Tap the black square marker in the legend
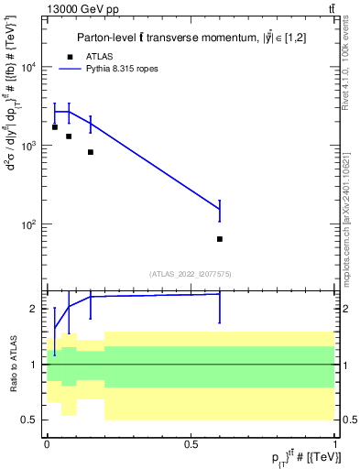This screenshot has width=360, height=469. pyautogui.click(x=70, y=56)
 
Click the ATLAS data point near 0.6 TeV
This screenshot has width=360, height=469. pyautogui.click(x=220, y=239)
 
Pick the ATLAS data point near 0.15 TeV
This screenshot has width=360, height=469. pyautogui.click(x=91, y=152)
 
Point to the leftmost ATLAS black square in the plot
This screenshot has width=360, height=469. pyautogui.click(x=55, y=127)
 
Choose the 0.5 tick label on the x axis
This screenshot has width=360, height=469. pyautogui.click(x=191, y=444)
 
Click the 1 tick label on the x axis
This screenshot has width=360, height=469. pyautogui.click(x=336, y=444)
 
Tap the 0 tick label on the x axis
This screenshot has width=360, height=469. pyautogui.click(x=47, y=444)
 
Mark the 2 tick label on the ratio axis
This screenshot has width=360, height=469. pyautogui.click(x=34, y=310)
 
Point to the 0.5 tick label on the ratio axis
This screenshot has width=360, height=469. pyautogui.click(x=30, y=420)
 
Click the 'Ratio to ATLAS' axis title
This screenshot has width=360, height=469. pyautogui.click(x=13, y=365)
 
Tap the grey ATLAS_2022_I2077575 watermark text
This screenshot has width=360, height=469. pyautogui.click(x=191, y=273)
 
